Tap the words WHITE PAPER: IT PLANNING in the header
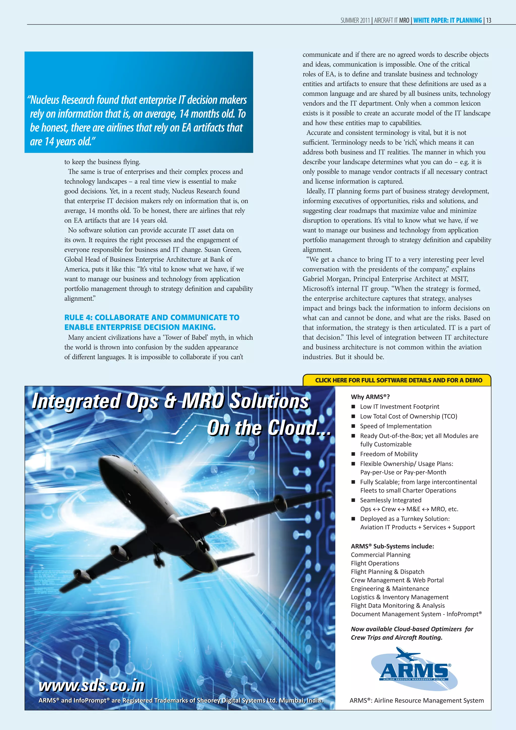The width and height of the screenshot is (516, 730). [447, 20]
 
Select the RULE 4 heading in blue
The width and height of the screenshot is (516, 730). [152, 322]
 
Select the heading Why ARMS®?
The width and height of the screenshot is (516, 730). [370, 397]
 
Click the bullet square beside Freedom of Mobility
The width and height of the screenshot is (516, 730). [353, 454]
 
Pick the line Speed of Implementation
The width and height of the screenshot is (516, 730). [396, 426]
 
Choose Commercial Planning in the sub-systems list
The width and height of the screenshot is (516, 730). [380, 555]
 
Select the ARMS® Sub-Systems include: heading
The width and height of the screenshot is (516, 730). [392, 546]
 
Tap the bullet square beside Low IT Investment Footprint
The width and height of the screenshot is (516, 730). [353, 407]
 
